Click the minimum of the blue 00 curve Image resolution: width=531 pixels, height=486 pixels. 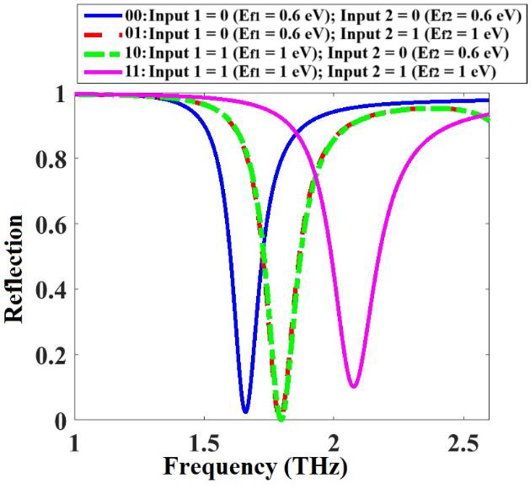(245, 411)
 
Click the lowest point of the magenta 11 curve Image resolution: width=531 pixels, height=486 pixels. (353, 386)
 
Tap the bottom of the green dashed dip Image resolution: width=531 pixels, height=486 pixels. (280, 419)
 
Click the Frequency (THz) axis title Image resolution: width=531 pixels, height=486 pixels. (255, 467)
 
